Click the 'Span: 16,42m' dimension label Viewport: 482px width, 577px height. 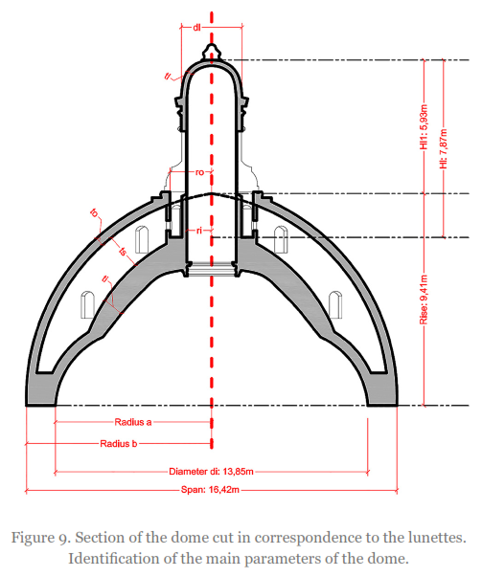point(210,490)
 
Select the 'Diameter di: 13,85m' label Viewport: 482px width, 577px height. point(211,472)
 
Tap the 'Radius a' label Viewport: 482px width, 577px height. point(133,422)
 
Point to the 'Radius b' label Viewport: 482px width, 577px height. point(119,444)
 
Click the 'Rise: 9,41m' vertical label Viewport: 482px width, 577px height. point(424,300)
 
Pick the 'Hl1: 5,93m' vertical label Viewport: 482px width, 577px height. point(424,127)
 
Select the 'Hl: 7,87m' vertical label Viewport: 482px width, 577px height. point(444,149)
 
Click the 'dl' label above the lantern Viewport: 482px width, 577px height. point(196,27)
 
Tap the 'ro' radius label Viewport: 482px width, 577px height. point(199,172)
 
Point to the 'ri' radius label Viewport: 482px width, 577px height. point(199,231)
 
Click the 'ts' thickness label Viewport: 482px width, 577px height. point(124,252)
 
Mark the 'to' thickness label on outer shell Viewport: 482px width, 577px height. point(95,212)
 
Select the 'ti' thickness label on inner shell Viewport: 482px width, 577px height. point(105,279)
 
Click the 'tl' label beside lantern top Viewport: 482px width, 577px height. point(168,76)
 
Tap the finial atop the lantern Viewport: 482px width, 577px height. point(211,52)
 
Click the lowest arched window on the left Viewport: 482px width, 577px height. point(88,304)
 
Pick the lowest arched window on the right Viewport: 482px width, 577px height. point(335,304)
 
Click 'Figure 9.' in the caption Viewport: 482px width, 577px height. point(40,538)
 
